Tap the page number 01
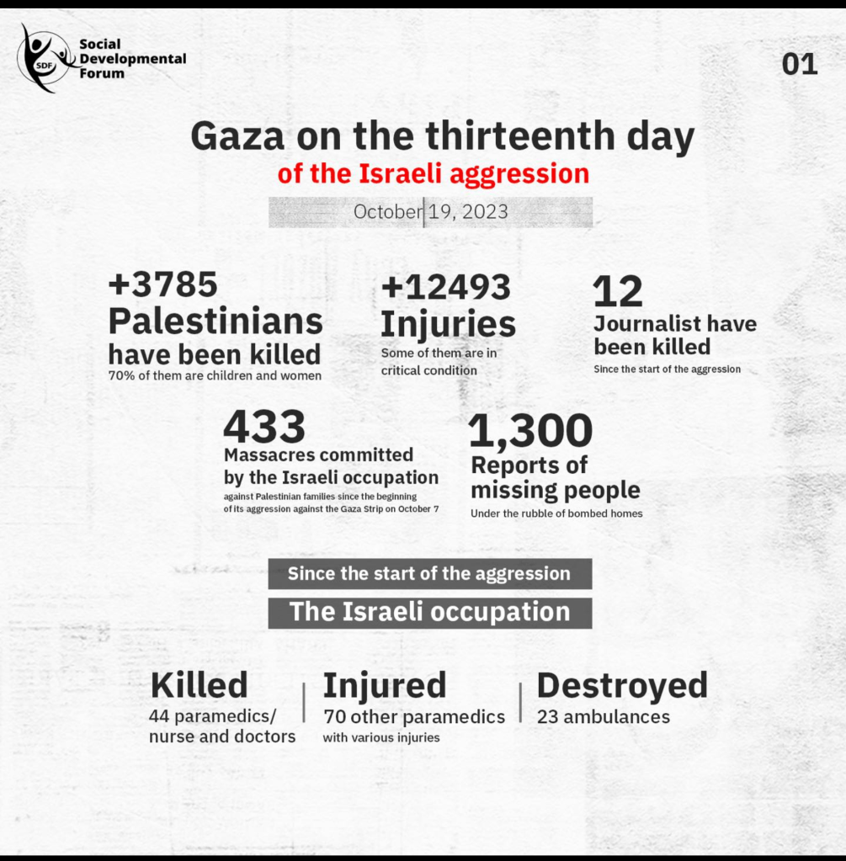[799, 65]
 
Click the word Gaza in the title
[238, 136]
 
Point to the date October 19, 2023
[430, 211]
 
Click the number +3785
[162, 284]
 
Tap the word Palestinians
[215, 321]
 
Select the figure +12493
[445, 287]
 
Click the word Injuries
[448, 324]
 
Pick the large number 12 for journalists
[617, 292]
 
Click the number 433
[263, 427]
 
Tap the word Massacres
[268, 455]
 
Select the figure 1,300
[530, 432]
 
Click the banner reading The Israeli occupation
[429, 612]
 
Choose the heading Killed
[199, 685]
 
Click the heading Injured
[384, 685]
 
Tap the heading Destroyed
[621, 685]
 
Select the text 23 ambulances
[603, 717]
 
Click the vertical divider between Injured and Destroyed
[520, 702]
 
